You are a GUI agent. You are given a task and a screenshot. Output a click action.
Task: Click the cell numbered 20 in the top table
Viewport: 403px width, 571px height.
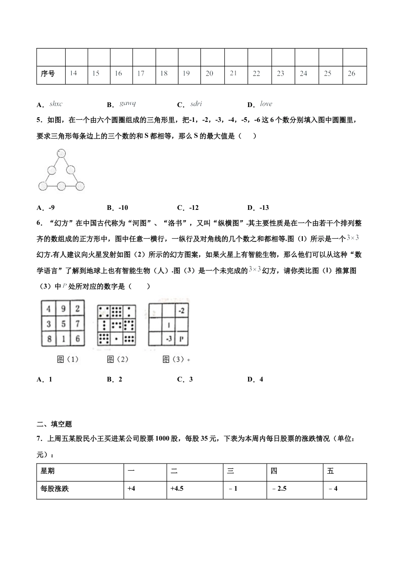(x=210, y=73)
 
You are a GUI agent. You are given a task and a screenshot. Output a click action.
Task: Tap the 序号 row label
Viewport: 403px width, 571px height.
(x=48, y=73)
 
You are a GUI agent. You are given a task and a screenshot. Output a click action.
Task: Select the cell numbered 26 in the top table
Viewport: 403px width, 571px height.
(x=351, y=73)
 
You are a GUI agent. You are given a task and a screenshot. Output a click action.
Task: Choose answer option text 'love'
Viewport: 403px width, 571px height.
(x=266, y=104)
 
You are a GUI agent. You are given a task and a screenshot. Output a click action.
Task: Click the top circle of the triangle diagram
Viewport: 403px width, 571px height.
(x=62, y=153)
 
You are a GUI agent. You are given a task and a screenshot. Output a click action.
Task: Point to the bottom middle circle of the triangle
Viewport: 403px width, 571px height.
(x=62, y=186)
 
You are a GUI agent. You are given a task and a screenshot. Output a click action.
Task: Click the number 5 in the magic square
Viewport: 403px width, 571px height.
(x=63, y=324)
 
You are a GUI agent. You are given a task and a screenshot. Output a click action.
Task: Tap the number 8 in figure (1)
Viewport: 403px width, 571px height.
(x=49, y=339)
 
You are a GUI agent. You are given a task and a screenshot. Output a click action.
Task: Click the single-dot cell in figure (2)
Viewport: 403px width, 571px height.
(x=116, y=339)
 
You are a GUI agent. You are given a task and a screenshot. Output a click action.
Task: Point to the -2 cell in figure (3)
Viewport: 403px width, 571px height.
(x=181, y=311)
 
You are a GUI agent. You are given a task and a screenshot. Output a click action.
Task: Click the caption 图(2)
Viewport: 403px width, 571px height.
(x=118, y=359)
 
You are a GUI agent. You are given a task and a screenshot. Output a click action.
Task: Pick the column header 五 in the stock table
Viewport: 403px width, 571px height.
(x=331, y=471)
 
